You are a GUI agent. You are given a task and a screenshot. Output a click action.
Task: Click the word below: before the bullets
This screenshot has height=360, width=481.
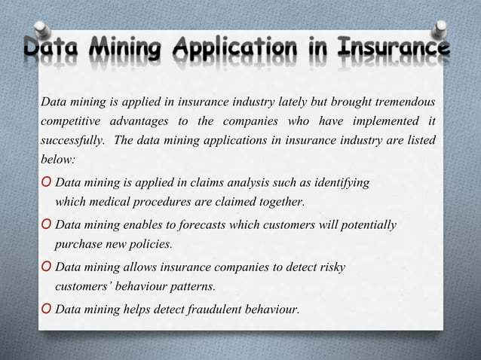click(x=57, y=160)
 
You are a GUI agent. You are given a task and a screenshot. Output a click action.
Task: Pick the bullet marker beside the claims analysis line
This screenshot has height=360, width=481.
click(x=47, y=183)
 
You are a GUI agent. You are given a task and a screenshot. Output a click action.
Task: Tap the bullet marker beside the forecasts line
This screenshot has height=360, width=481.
click(x=47, y=225)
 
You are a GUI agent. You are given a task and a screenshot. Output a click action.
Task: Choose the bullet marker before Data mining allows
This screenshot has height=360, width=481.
click(x=47, y=267)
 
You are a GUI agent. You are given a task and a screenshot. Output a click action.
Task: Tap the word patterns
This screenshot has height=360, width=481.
click(x=191, y=286)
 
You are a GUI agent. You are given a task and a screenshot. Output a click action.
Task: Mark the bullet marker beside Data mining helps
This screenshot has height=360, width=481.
click(x=47, y=309)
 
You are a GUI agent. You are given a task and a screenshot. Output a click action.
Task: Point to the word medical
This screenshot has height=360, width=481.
click(x=109, y=202)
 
